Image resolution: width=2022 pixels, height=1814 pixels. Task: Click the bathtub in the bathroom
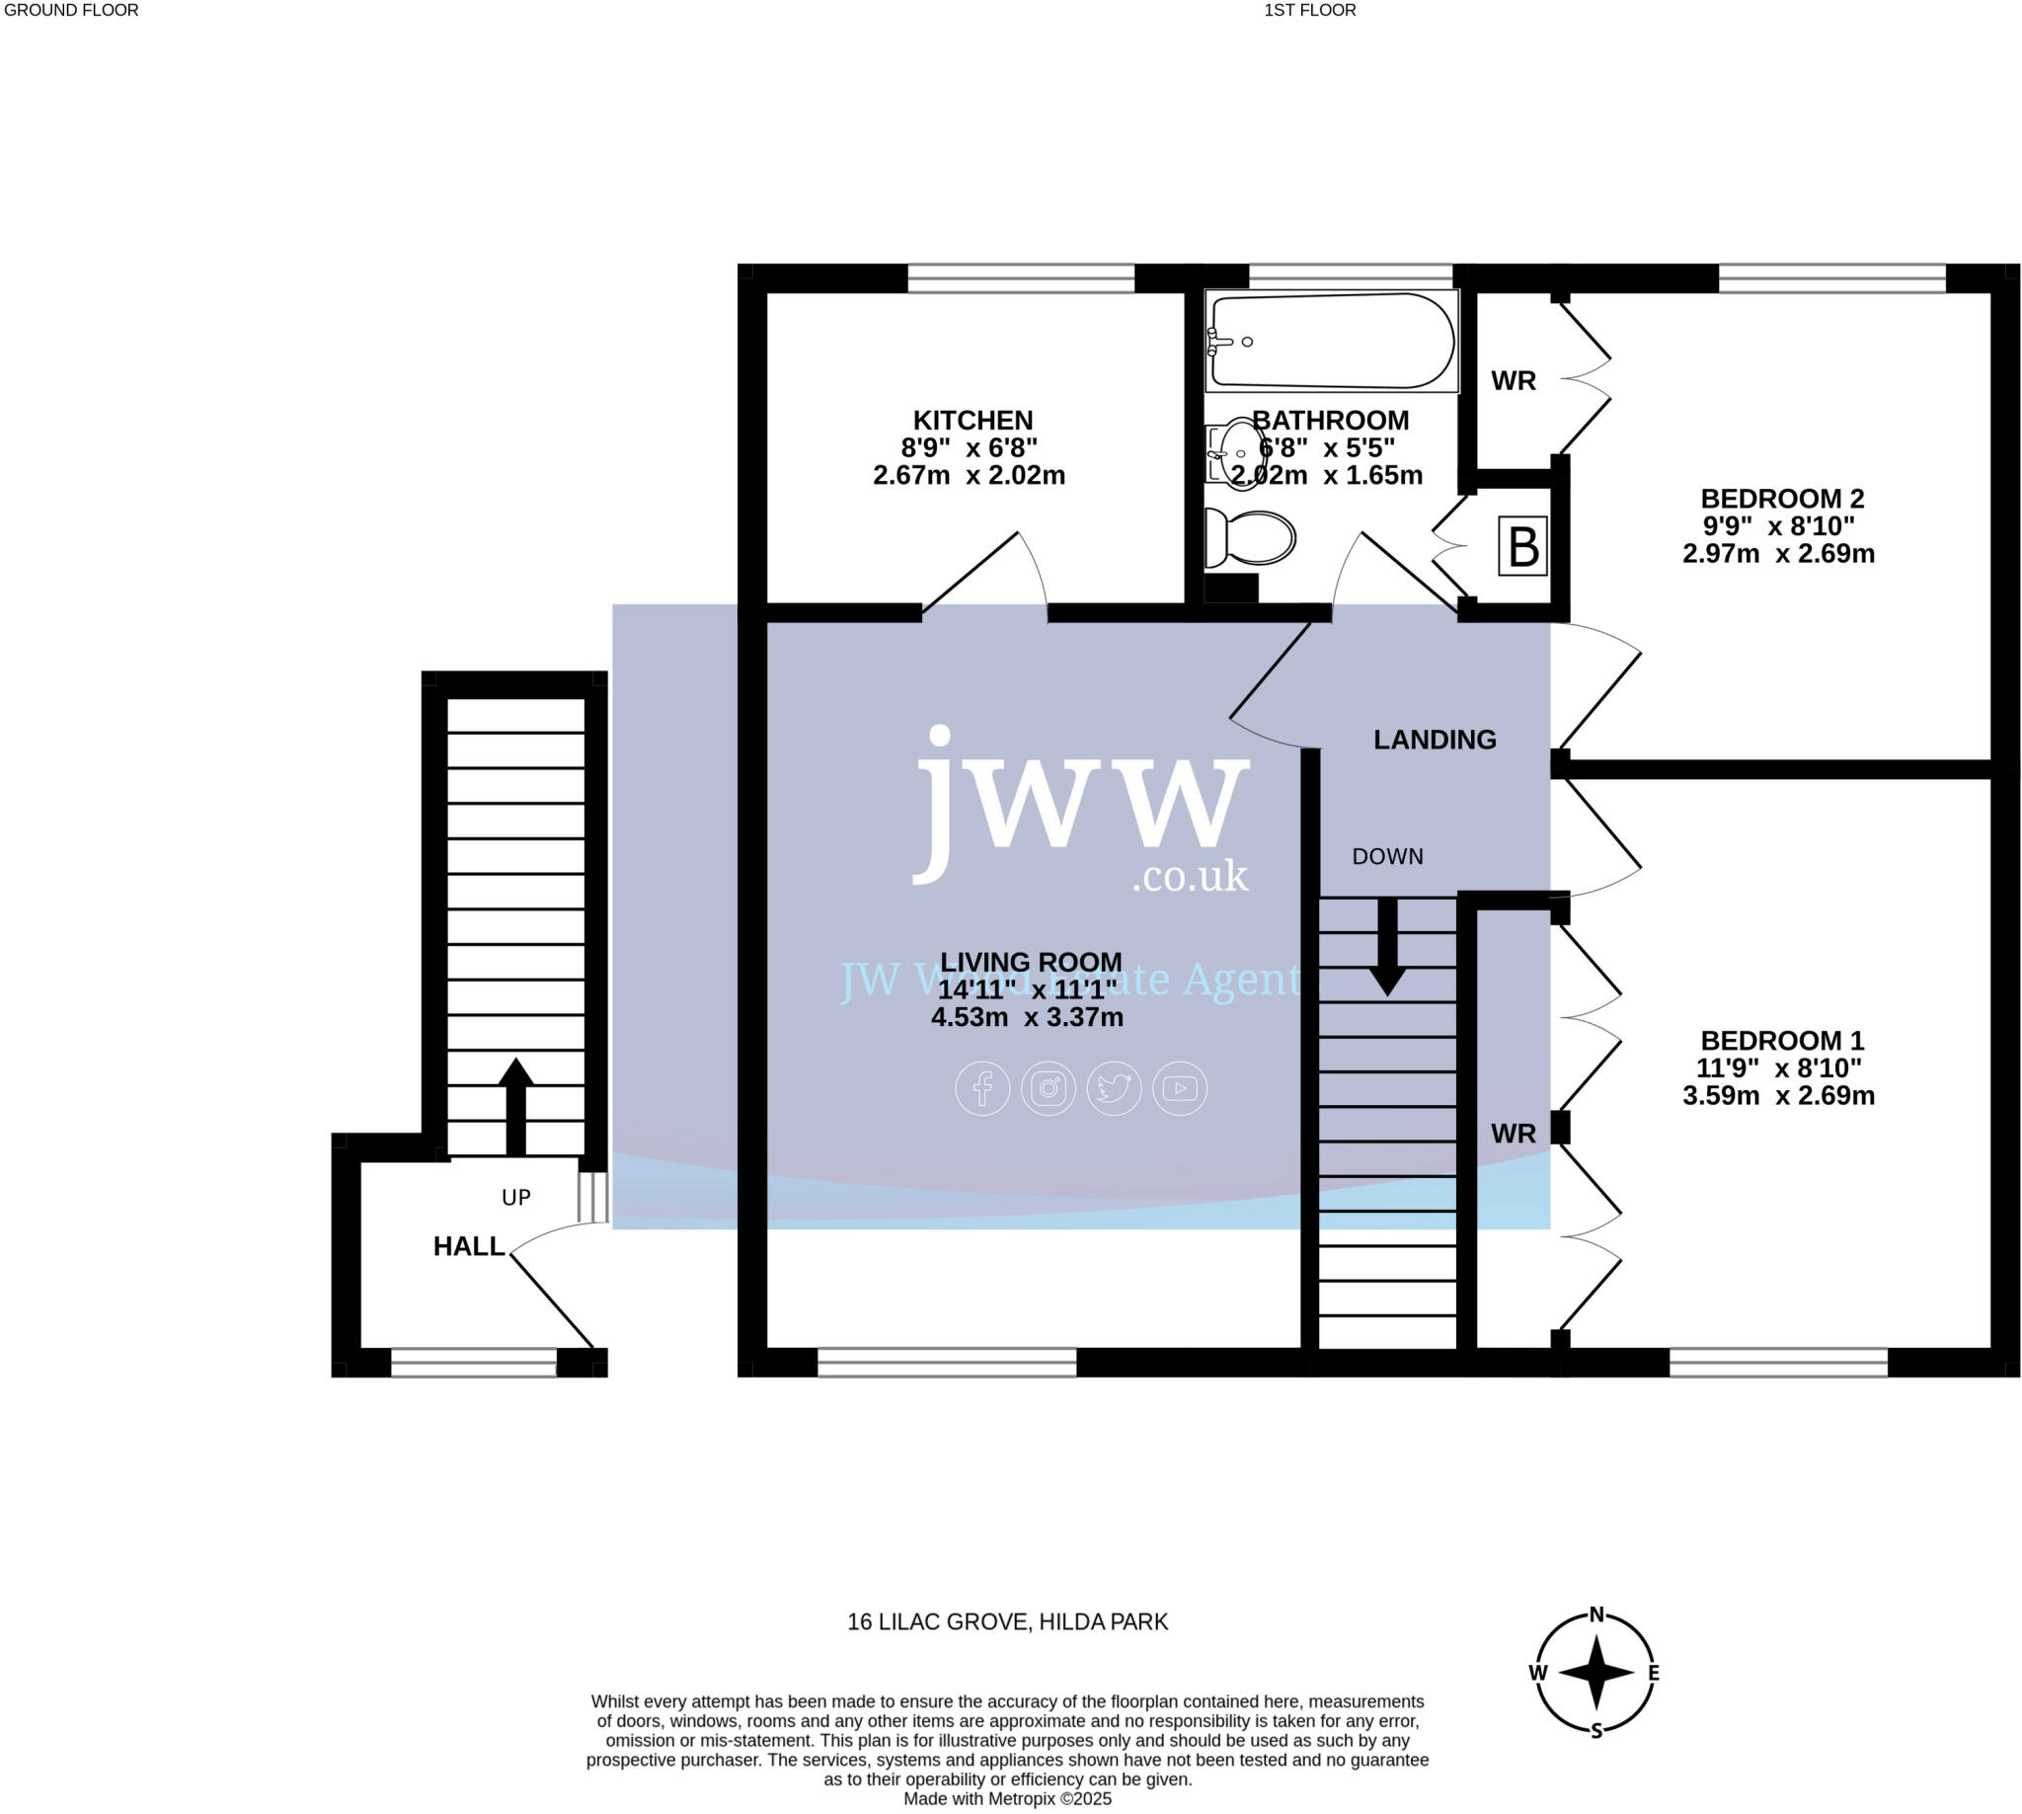(1331, 341)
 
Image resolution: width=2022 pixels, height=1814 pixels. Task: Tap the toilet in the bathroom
(1250, 539)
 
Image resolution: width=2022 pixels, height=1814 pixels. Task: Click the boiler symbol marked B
(1521, 546)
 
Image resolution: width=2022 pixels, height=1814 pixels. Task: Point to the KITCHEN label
(972, 421)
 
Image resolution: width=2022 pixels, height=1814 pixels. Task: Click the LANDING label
(1434, 740)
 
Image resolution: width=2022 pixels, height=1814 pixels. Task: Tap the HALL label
(468, 1246)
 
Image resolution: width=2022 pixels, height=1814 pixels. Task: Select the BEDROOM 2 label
(1781, 499)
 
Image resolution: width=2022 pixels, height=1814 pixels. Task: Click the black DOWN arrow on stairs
(1386, 947)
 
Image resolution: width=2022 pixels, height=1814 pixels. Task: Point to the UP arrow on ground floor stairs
(515, 1106)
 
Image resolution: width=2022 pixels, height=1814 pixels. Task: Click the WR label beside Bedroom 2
(1513, 381)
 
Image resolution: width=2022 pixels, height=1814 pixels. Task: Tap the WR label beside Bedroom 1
(1513, 1134)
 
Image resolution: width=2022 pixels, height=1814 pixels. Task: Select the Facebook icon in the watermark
(982, 1088)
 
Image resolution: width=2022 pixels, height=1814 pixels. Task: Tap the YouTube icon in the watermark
(1180, 1088)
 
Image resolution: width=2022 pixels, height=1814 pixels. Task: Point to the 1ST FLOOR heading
(1309, 11)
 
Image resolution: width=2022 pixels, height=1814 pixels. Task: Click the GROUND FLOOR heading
(71, 11)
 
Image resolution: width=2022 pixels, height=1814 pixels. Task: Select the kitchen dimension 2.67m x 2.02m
(969, 475)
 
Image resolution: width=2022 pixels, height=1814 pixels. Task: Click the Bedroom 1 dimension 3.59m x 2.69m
(1778, 1096)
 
